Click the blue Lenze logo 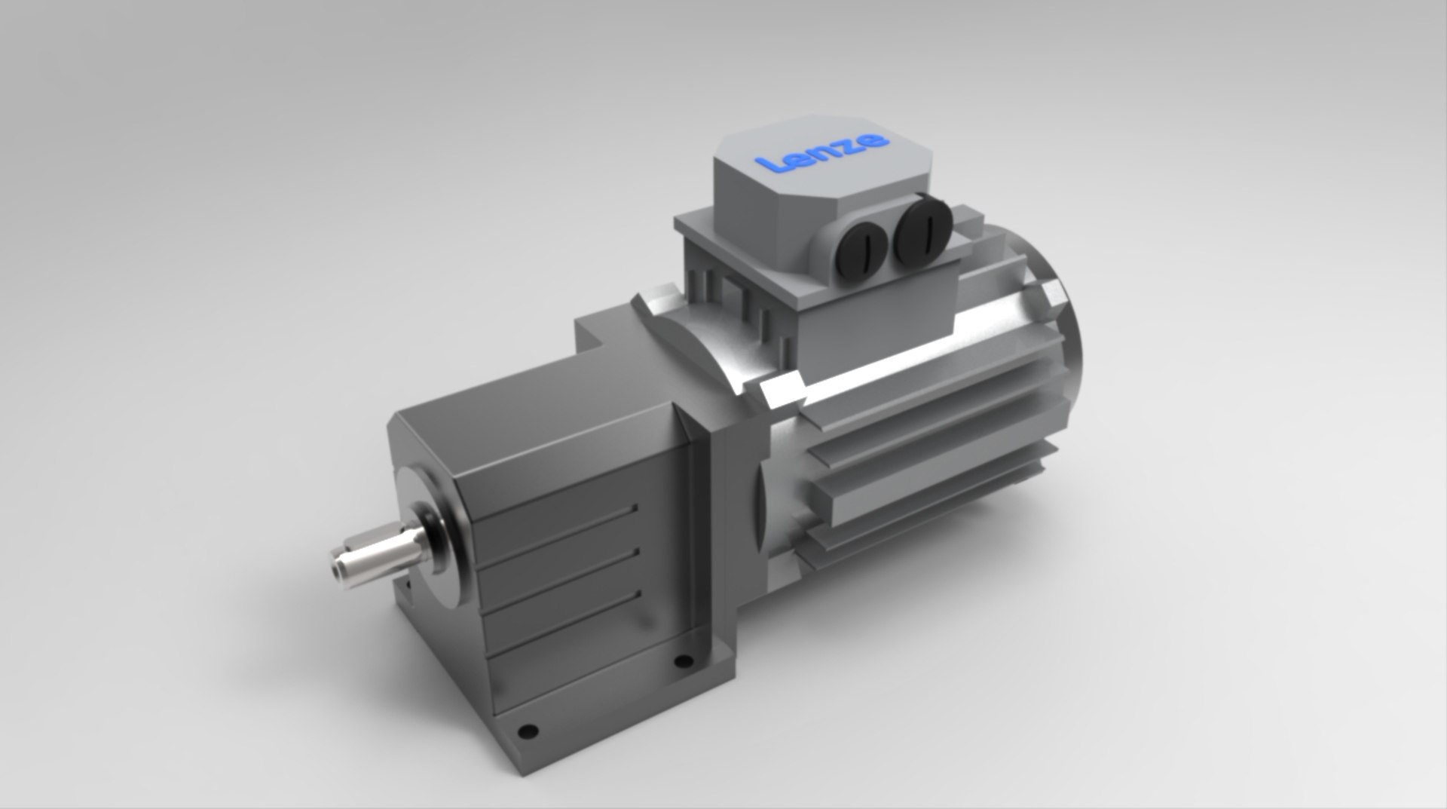click(822, 152)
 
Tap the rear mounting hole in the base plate click(683, 662)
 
